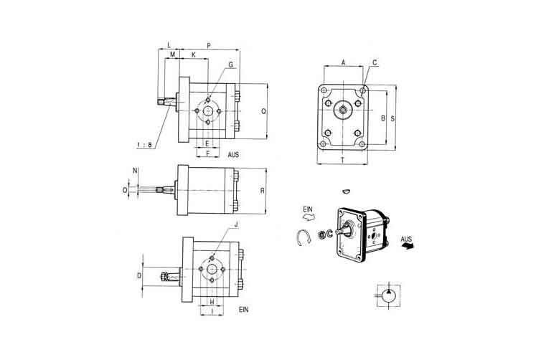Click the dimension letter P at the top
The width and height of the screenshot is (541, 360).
(x=209, y=45)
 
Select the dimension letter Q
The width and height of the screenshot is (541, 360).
(x=263, y=111)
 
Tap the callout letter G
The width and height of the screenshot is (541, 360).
(x=230, y=65)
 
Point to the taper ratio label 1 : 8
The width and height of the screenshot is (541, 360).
(x=144, y=145)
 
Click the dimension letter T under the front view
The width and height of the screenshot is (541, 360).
(x=343, y=160)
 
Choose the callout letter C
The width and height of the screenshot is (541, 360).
(x=375, y=63)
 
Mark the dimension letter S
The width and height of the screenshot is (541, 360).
(x=392, y=118)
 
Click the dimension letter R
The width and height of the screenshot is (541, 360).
(x=262, y=191)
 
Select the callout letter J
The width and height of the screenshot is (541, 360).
(x=235, y=224)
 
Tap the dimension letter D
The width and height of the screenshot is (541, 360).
(x=139, y=276)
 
